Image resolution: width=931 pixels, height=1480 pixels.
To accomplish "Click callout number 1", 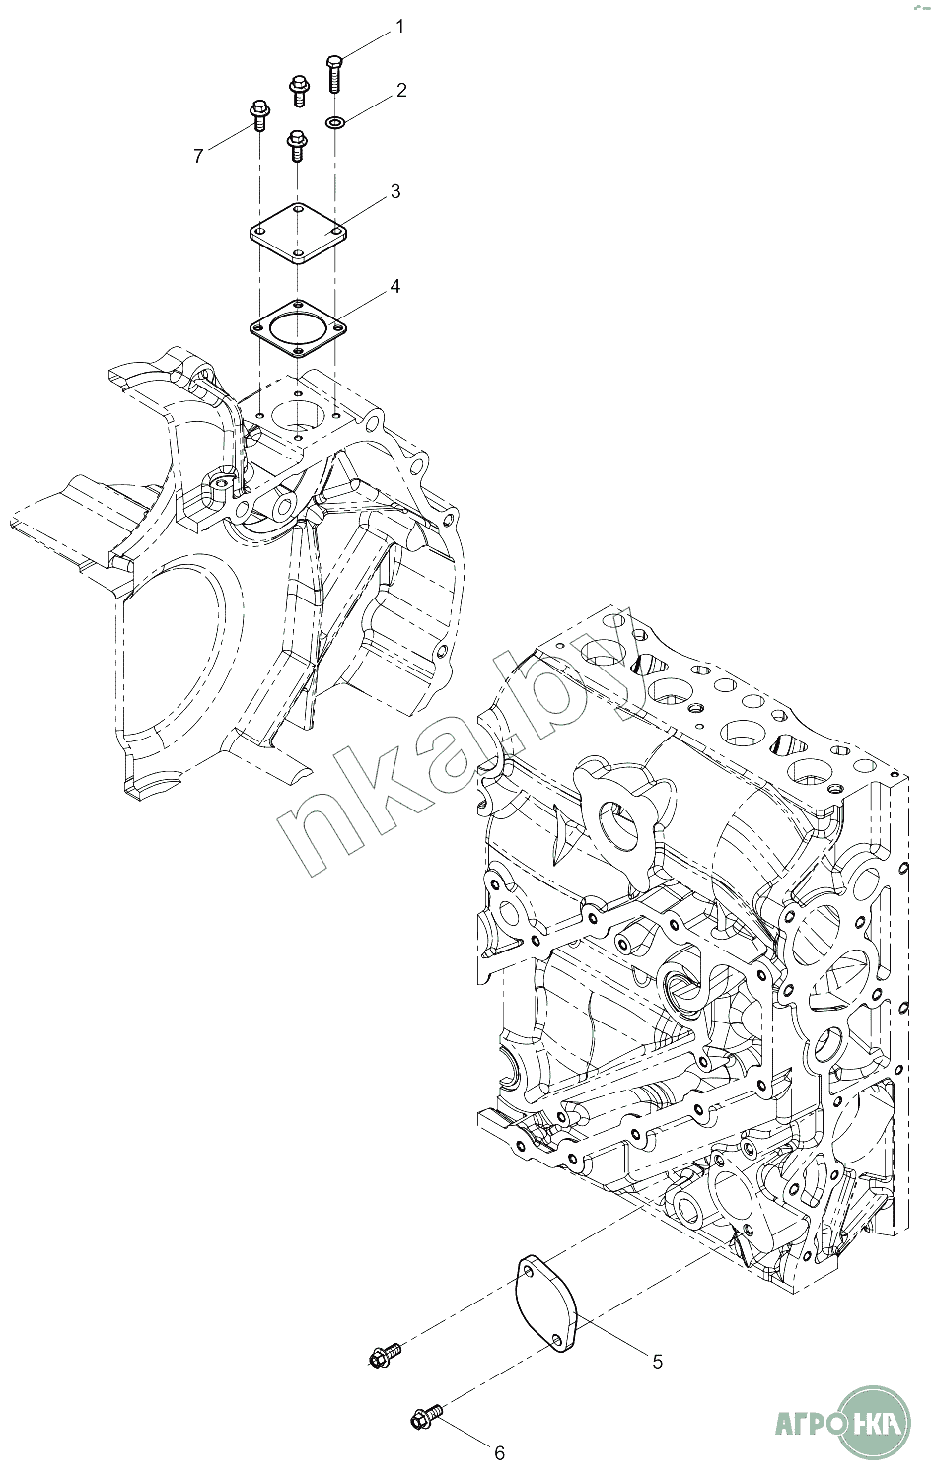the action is [398, 27].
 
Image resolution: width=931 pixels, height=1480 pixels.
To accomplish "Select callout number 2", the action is [401, 90].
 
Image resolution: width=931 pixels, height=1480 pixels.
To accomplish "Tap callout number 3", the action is [395, 191].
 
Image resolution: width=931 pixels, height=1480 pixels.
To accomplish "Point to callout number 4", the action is [394, 286].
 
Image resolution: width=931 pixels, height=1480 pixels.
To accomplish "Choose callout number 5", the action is [657, 1362].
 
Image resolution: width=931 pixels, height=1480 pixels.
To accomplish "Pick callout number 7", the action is [198, 156].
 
